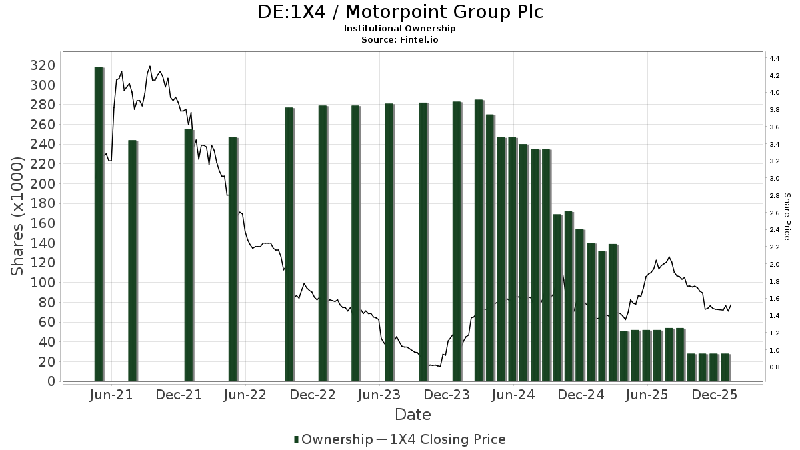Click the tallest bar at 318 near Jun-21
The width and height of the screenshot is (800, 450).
(99, 223)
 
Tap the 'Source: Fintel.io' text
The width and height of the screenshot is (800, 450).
(399, 39)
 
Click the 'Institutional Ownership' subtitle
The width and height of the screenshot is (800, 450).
(399, 29)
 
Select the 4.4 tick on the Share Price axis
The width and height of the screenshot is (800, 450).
(775, 59)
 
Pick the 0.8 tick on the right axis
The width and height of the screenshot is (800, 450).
(775, 367)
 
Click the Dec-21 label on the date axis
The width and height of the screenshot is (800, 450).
(179, 395)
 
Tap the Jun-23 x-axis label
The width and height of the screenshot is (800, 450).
(379, 395)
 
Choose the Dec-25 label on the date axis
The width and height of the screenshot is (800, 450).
(714, 395)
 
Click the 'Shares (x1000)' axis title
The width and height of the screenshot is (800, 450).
(18, 216)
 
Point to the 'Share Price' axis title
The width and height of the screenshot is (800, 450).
(787, 216)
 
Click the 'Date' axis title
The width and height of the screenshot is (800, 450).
(413, 415)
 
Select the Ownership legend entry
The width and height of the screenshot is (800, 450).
(333, 439)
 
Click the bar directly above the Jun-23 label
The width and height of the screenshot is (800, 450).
(389, 242)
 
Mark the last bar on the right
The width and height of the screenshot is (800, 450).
(725, 367)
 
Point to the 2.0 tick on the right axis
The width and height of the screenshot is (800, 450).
(775, 265)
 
